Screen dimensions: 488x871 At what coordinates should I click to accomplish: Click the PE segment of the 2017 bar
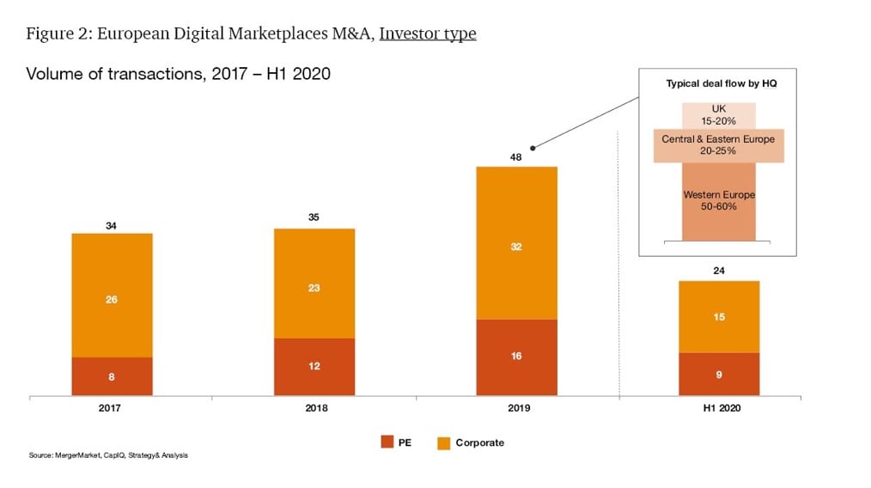coord(112,376)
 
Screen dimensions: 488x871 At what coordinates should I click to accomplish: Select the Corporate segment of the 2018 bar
coord(314,284)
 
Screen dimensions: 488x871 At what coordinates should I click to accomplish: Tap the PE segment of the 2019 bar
coord(516,357)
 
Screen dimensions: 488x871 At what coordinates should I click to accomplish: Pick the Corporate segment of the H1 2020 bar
coord(719,316)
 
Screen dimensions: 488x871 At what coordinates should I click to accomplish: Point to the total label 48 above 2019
coord(516,156)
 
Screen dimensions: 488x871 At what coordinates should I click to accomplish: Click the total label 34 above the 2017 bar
coord(112,225)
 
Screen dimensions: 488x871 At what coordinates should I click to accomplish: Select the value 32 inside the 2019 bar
coord(516,247)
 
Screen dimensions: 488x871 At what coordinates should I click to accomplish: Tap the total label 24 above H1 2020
coord(719,271)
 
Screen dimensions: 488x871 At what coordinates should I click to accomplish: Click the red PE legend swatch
coord(387,442)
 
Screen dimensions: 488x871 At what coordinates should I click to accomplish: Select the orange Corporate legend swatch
coord(443,442)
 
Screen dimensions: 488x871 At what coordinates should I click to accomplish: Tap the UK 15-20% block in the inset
coord(719,115)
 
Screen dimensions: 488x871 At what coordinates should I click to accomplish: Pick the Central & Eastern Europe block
coord(718,145)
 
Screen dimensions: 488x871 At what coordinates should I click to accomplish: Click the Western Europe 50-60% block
coord(719,202)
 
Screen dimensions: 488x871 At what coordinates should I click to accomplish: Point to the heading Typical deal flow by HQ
coord(718,83)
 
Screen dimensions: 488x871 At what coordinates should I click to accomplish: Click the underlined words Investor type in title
coord(428,34)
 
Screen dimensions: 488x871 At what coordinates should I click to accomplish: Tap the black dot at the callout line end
coord(533,147)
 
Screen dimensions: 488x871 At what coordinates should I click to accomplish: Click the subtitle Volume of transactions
coord(179,74)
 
